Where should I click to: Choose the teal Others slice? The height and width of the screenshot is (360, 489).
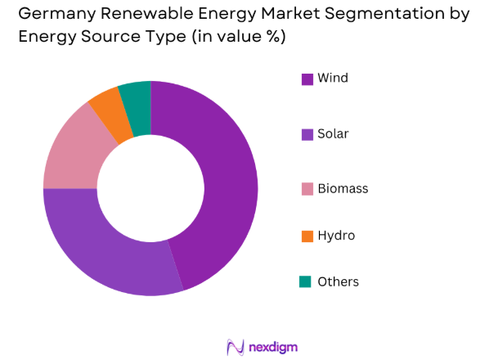[x=137, y=97]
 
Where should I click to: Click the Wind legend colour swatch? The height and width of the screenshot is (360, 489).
[x=307, y=79]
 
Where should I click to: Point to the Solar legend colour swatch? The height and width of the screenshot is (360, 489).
[x=307, y=134]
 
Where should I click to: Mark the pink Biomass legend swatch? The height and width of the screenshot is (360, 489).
[x=307, y=189]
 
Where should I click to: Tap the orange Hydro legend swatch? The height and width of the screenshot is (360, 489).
[x=307, y=236]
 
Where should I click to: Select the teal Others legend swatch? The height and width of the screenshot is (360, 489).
[x=307, y=282]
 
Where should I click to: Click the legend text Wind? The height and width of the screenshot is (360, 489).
[x=333, y=79]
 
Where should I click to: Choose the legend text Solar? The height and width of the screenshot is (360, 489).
[x=333, y=133]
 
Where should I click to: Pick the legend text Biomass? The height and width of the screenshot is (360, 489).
[x=343, y=189]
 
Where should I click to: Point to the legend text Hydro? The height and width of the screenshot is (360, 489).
[x=336, y=236]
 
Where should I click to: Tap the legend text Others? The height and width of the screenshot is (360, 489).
[x=338, y=282]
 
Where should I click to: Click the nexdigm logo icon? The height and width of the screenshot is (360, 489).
[x=236, y=348]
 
